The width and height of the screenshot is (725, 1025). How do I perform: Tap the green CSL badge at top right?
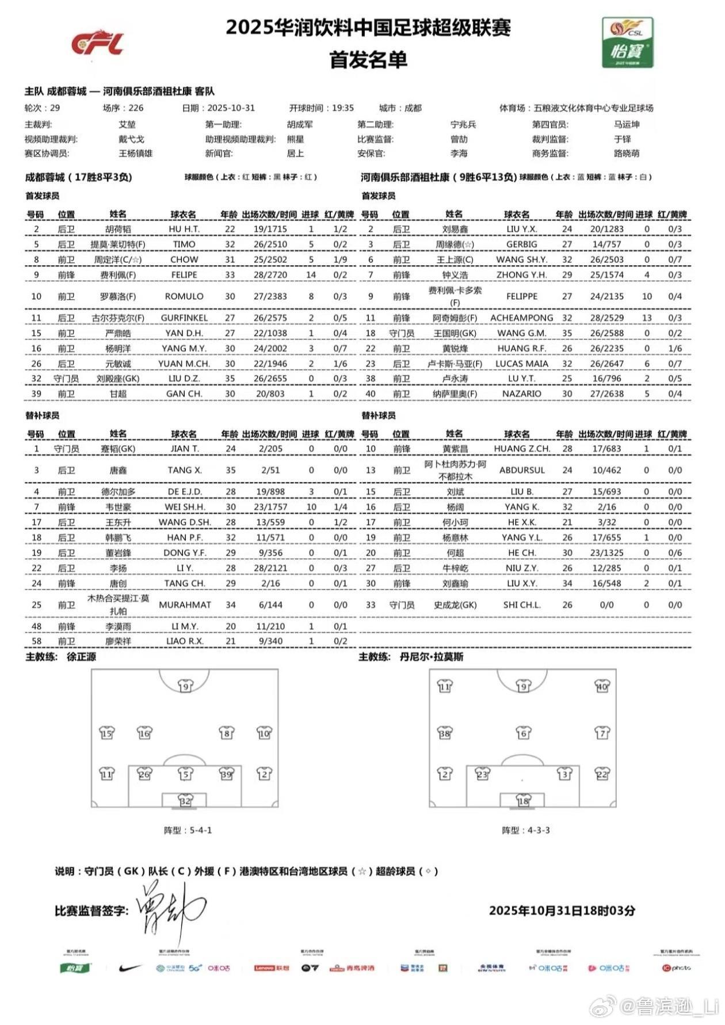click(x=627, y=43)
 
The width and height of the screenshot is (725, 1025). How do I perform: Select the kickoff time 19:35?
click(x=342, y=108)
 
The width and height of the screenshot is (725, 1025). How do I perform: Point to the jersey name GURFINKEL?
click(x=184, y=318)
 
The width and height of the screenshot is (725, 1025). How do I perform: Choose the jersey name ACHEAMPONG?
click(x=521, y=318)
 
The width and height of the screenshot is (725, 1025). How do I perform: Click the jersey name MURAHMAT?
click(x=185, y=605)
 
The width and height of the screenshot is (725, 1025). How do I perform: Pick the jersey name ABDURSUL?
click(x=521, y=470)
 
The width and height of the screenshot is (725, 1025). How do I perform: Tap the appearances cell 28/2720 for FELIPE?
click(x=270, y=275)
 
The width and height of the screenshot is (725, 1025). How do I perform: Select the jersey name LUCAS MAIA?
click(x=521, y=364)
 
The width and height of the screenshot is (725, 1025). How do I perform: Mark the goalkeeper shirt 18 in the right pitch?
click(x=523, y=801)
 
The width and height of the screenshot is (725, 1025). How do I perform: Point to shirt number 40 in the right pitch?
click(x=602, y=686)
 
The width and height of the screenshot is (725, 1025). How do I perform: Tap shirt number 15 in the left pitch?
click(x=107, y=733)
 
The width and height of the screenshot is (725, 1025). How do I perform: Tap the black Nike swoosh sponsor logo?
click(x=130, y=968)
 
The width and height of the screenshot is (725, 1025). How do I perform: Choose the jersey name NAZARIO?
click(x=521, y=394)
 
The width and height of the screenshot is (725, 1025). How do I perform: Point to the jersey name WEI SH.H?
click(x=185, y=507)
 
